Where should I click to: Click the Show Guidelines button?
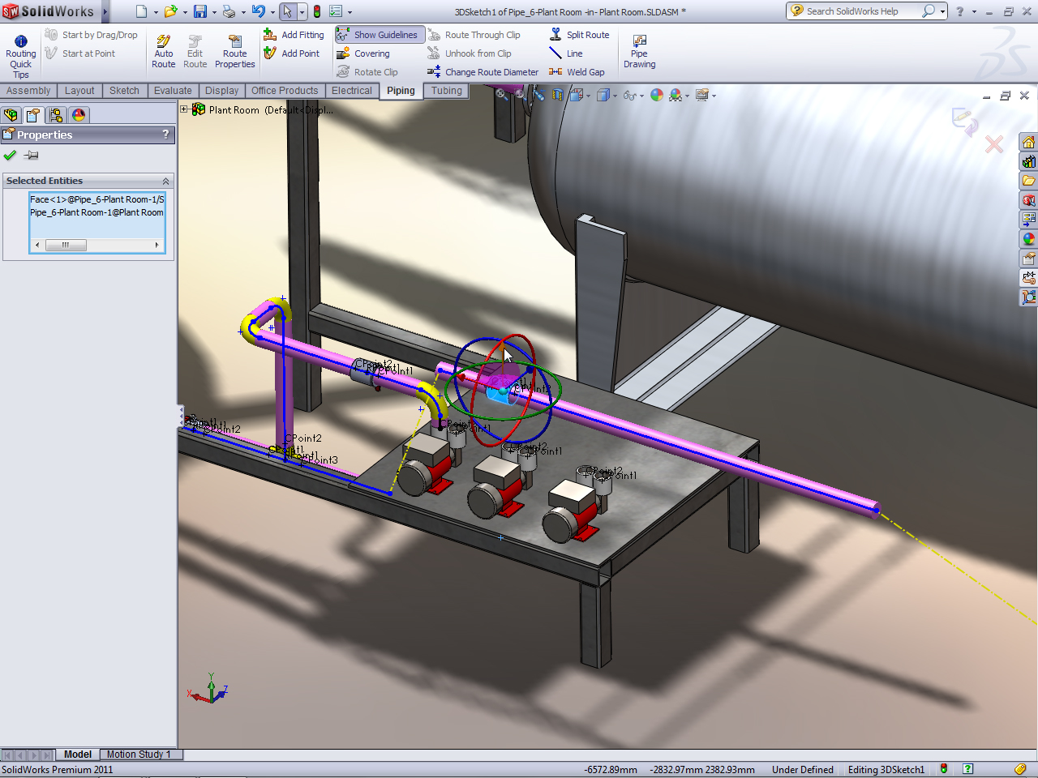pyautogui.click(x=379, y=35)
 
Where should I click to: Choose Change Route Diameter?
pyautogui.click(x=483, y=72)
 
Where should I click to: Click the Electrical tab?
pyautogui.click(x=351, y=91)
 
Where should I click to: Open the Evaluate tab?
pyautogui.click(x=173, y=91)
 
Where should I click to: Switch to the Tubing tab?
pyautogui.click(x=446, y=91)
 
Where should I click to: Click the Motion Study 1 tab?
pyautogui.click(x=139, y=754)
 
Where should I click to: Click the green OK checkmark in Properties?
pyautogui.click(x=10, y=156)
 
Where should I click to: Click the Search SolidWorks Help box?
pyautogui.click(x=860, y=11)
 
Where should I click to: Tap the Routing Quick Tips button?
pyautogui.click(x=21, y=53)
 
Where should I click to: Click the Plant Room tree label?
pyautogui.click(x=234, y=110)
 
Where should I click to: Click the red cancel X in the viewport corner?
pyautogui.click(x=993, y=145)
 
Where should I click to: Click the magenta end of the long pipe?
pyautogui.click(x=875, y=509)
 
